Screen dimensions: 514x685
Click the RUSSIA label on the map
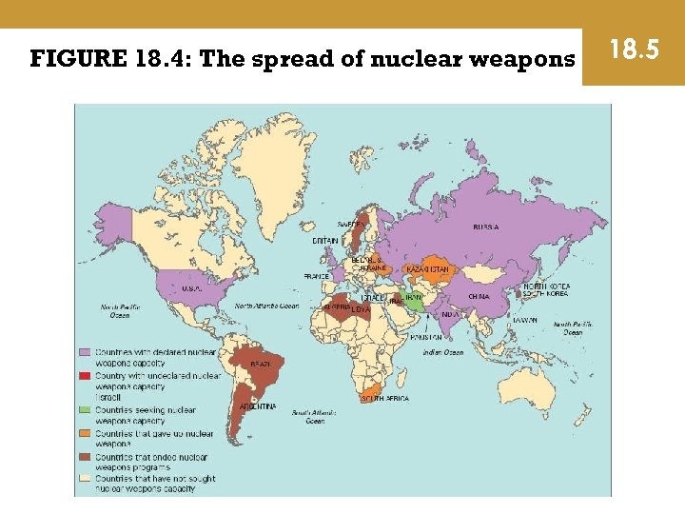(x=485, y=227)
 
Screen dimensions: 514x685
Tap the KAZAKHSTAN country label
(x=427, y=269)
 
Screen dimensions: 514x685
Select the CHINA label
(x=479, y=296)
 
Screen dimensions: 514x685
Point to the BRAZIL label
(x=261, y=364)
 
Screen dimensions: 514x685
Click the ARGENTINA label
(x=258, y=406)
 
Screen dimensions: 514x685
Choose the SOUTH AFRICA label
(x=385, y=399)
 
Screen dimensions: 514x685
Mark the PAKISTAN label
(x=427, y=336)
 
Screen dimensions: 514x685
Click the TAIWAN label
(x=524, y=321)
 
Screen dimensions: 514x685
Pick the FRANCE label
(x=317, y=276)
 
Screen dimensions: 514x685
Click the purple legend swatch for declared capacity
(x=86, y=353)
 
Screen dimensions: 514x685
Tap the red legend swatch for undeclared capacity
(x=86, y=376)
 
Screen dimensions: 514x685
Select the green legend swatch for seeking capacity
(x=86, y=410)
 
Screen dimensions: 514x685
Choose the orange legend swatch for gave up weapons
(x=86, y=433)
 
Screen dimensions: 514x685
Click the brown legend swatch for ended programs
(x=86, y=457)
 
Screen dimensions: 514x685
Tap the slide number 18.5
(x=633, y=49)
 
